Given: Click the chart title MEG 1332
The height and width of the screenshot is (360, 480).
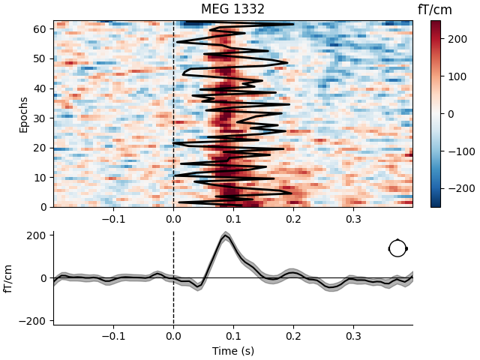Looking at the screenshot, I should coord(232,10).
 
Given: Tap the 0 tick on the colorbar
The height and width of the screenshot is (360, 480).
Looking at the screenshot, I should coord(451,114).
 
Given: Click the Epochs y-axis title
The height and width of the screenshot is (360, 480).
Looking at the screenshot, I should coord(23,114).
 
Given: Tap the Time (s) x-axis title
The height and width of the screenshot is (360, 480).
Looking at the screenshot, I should coord(232,351).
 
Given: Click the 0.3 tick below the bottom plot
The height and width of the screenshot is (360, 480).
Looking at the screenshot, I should coord(352,337).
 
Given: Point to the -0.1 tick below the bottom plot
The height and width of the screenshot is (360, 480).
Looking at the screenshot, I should coord(112,337).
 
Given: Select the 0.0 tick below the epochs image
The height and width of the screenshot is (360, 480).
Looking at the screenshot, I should coord(173,220).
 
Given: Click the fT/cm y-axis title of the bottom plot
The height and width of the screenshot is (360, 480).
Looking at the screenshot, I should coord(10,278).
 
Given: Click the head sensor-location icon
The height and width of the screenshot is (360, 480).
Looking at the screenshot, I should coord(397,248).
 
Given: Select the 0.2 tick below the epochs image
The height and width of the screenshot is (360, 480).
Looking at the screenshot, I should coord(293,220).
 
